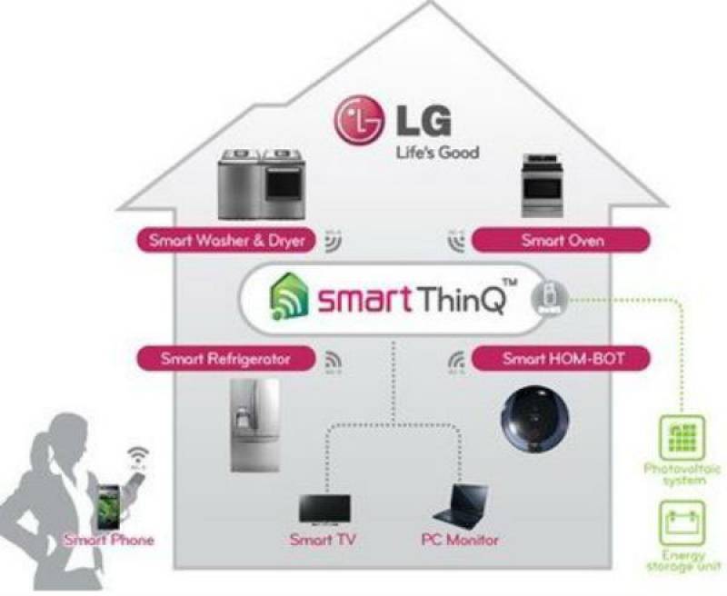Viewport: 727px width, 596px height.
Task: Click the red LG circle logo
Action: pos(357,120)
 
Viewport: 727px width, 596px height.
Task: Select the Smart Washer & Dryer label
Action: pos(226,242)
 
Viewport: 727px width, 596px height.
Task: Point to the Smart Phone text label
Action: pos(108,541)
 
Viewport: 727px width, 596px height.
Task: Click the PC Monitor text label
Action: pos(460,541)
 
